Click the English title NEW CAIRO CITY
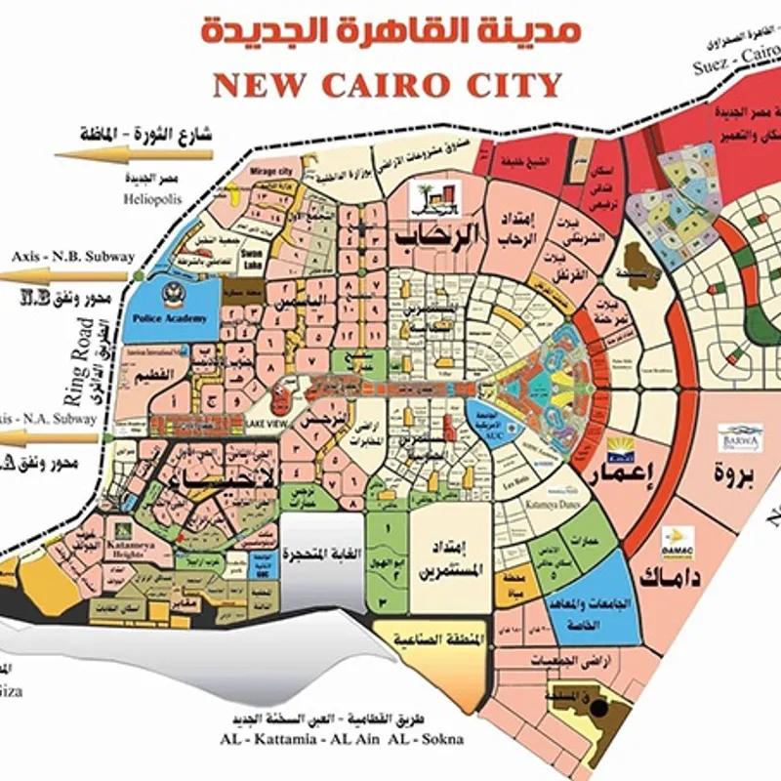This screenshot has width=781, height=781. click(388, 84)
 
